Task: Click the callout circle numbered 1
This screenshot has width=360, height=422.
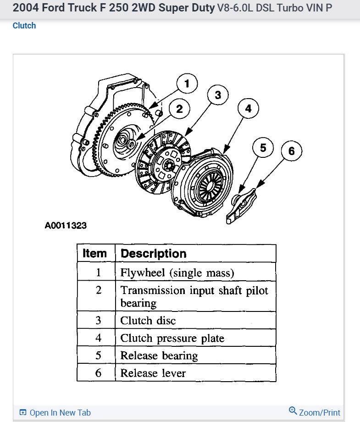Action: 187,84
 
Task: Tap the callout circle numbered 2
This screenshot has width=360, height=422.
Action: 179,109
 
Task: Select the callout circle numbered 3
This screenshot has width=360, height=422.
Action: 218,95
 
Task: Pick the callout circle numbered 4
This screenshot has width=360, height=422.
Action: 248,108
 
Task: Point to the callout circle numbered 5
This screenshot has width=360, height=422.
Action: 263,147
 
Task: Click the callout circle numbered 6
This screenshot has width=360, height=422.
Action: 292,150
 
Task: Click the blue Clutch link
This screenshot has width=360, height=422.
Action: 24,26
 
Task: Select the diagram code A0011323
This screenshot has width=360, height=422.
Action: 66,226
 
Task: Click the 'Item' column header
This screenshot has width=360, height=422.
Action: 94,253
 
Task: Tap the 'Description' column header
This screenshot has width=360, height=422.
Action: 153,254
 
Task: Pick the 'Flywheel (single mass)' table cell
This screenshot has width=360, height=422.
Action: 177,272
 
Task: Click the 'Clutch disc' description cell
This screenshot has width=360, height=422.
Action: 148,320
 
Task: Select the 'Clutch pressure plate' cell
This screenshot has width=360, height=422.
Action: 172,338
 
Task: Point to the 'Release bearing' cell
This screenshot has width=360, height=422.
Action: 159,355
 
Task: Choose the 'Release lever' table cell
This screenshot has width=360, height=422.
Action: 153,373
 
